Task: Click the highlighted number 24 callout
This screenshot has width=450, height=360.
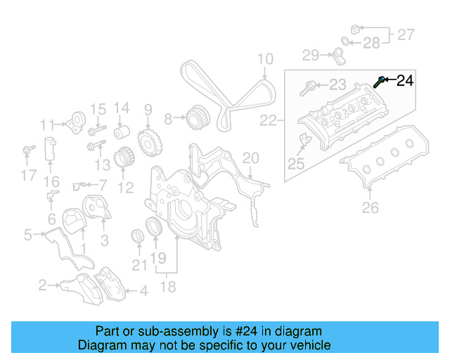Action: (x=405, y=81)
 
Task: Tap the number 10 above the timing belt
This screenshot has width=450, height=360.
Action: (x=264, y=60)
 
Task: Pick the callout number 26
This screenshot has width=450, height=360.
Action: (x=370, y=207)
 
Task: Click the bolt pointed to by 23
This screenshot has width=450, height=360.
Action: (x=307, y=89)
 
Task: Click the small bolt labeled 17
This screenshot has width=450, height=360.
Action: (x=28, y=150)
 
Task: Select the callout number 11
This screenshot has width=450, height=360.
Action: (x=47, y=126)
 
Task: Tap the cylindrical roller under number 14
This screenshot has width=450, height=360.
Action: (x=122, y=131)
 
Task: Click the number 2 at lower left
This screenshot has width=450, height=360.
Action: (x=42, y=285)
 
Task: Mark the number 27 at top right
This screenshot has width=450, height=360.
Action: (x=406, y=34)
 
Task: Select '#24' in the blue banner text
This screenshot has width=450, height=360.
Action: (x=245, y=331)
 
